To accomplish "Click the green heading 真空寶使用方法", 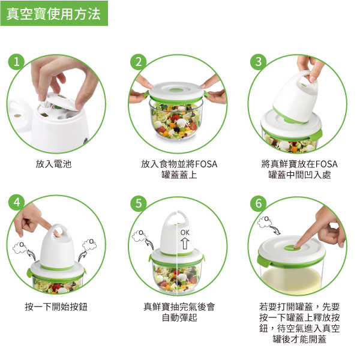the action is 54,13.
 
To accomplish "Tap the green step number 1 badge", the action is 16,62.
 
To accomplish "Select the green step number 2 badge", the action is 138,62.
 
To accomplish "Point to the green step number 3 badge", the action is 258,62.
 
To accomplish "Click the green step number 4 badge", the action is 16,203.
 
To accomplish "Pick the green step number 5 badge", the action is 138,203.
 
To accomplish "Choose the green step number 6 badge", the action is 258,203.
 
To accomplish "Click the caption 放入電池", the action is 53,164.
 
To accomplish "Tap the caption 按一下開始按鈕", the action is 56,307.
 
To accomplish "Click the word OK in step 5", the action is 185,233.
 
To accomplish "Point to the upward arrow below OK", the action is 185,244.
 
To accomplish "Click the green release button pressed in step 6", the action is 292,247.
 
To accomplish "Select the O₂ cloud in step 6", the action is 265,221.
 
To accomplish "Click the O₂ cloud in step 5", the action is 139,235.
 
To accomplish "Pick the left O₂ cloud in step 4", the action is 20,247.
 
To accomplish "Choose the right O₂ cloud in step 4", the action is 89,244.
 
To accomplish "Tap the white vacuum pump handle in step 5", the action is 176,217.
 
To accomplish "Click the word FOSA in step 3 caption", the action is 326,164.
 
